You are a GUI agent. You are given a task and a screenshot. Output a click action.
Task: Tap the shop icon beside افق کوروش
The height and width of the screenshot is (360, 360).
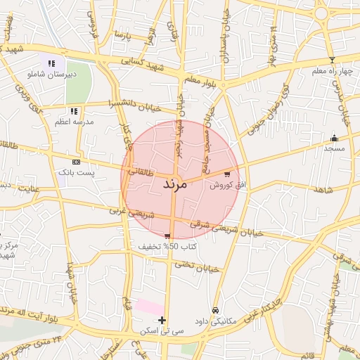pyautogui.click(x=226, y=174)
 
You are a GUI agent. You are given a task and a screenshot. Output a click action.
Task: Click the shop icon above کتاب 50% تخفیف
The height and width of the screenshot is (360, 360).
pyautogui.click(x=167, y=236)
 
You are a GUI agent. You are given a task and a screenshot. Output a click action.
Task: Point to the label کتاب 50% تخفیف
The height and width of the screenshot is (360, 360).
pyautogui.click(x=169, y=247)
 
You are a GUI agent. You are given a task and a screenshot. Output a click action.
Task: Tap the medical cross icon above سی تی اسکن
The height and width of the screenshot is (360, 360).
pyautogui.click(x=162, y=320)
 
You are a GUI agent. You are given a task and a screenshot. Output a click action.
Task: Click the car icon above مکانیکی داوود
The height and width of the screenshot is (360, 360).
pyautogui.click(x=215, y=310)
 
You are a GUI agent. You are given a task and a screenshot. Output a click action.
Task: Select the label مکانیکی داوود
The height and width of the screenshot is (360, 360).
pyautogui.click(x=216, y=321)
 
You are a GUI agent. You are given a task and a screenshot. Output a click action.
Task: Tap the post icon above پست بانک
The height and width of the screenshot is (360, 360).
pyautogui.click(x=76, y=161)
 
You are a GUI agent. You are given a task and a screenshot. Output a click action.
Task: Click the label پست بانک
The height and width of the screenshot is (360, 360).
pyautogui.click(x=75, y=172)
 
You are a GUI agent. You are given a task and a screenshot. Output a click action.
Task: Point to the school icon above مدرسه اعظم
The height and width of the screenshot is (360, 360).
pyautogui.click(x=74, y=111)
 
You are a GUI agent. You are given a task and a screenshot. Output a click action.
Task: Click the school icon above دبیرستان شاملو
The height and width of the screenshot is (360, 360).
pyautogui.click(x=51, y=63)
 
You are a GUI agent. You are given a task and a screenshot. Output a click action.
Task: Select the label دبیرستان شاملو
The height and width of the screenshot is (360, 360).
pyautogui.click(x=51, y=73)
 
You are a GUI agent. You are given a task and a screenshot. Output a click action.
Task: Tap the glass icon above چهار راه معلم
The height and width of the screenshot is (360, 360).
pyautogui.click(x=332, y=60)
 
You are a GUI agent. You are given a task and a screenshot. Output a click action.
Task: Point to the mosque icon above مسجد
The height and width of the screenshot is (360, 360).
pyautogui.click(x=334, y=138)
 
